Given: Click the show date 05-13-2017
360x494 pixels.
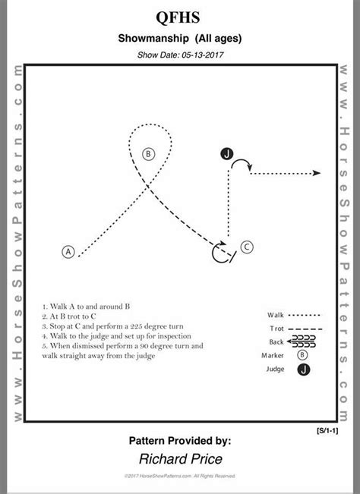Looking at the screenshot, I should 180,55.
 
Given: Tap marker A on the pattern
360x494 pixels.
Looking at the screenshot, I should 68,252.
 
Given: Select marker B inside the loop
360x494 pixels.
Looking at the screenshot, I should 149,154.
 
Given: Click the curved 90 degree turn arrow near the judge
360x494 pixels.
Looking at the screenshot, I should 242,163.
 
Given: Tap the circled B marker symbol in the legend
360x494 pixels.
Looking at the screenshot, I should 303,354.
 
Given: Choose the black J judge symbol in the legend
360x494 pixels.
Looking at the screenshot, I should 304,370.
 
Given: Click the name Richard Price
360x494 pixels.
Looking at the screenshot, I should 181,458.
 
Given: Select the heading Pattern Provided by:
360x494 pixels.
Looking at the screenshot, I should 181,440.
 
